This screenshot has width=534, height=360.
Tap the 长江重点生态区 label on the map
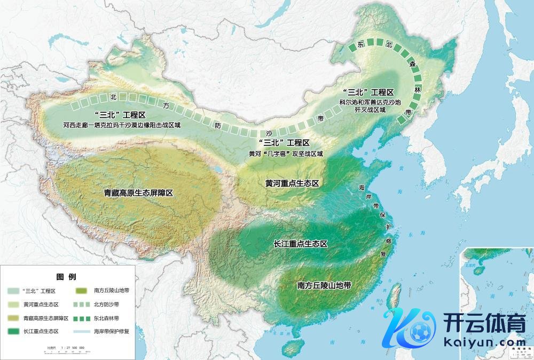click(x=300, y=244)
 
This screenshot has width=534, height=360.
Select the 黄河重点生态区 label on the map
click(x=292, y=183)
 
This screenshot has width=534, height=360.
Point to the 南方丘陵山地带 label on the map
click(x=324, y=285)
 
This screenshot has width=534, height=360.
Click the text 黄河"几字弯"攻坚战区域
click(x=286, y=153)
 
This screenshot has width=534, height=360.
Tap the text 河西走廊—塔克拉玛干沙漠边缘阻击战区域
click(x=122, y=126)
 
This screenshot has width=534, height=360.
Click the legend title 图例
click(x=66, y=277)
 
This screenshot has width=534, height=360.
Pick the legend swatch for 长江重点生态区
click(x=14, y=331)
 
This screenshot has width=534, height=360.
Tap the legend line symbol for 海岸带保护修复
click(x=82, y=331)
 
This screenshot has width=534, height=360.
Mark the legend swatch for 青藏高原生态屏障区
click(x=14, y=318)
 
